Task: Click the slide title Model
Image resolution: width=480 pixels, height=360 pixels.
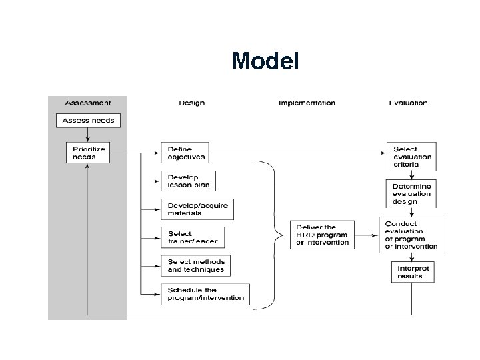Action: (x=265, y=61)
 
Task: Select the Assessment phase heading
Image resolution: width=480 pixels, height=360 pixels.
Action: (x=88, y=103)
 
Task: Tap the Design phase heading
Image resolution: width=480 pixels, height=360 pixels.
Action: (x=191, y=103)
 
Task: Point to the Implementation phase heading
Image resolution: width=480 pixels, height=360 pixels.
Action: (x=307, y=103)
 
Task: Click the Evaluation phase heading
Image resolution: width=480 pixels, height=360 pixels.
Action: (x=409, y=103)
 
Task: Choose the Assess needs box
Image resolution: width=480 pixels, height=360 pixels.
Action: (x=88, y=121)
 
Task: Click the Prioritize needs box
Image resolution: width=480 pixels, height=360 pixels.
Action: (x=88, y=153)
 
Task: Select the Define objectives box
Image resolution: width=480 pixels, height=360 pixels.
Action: (x=185, y=153)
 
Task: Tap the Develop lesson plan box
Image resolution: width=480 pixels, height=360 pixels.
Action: (x=188, y=181)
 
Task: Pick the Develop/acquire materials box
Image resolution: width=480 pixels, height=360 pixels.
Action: (x=197, y=209)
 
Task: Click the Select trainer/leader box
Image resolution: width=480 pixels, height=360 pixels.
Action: (x=193, y=237)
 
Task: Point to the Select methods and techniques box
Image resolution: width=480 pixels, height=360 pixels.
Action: (x=195, y=266)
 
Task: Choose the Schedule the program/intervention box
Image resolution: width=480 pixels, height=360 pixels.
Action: (x=205, y=294)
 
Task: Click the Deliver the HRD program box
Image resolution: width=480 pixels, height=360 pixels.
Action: (x=322, y=235)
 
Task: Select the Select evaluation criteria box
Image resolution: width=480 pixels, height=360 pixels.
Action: (x=411, y=156)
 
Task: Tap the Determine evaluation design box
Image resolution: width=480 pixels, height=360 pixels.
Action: (x=411, y=194)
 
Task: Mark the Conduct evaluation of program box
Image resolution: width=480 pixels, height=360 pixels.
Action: (x=411, y=235)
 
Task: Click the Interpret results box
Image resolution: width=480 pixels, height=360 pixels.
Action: (x=413, y=272)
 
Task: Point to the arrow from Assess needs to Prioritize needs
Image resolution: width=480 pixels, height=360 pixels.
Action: (x=88, y=135)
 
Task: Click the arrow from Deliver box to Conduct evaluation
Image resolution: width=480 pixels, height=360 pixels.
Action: (x=367, y=235)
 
